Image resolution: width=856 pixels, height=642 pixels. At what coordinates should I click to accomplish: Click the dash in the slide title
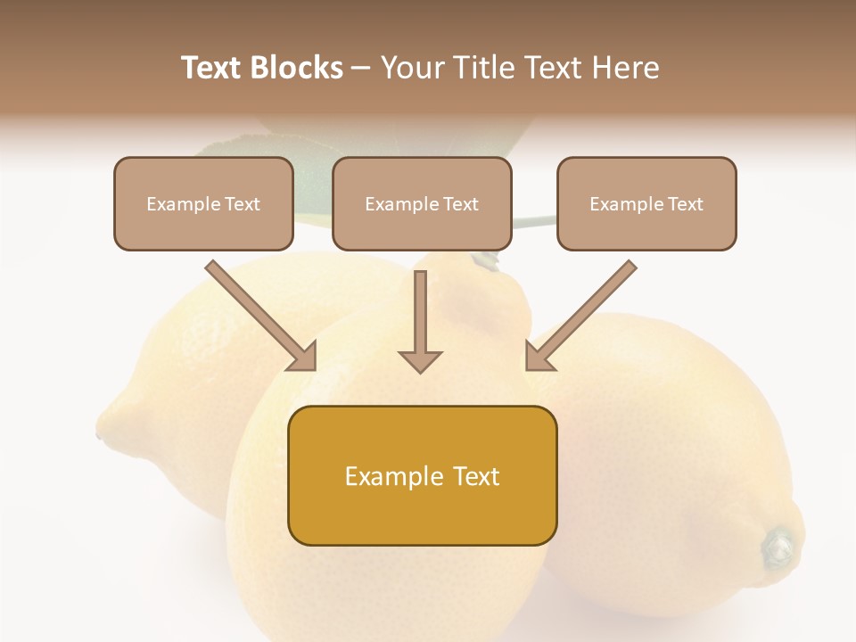361,69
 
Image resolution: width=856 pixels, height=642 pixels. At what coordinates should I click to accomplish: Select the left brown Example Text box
203,203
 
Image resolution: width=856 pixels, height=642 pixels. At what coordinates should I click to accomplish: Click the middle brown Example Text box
422,203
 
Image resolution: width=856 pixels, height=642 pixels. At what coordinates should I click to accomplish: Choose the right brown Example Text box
646,203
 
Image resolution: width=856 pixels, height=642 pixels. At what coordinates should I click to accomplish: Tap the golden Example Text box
422,475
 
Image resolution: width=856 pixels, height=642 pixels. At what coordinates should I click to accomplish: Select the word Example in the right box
621,204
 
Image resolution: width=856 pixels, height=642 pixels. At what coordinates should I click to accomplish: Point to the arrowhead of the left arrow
304,358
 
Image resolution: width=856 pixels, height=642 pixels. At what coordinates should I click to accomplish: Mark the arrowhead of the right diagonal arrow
538,358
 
